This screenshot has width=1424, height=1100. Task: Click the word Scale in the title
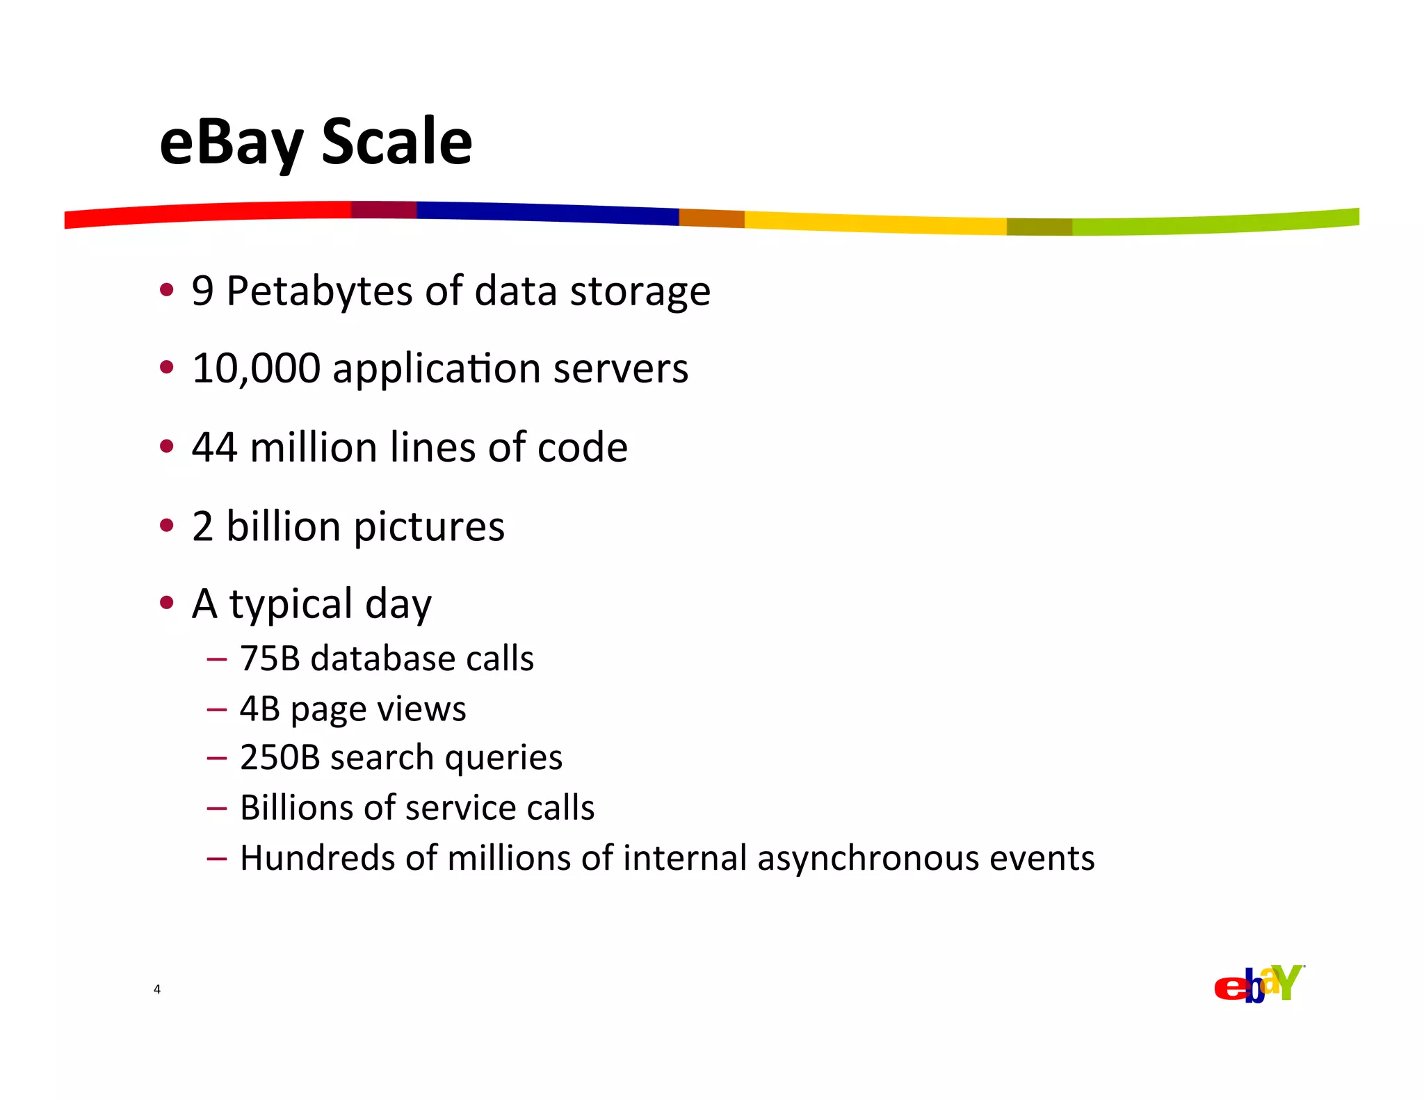[x=396, y=142]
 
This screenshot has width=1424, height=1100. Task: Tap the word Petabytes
[x=320, y=291]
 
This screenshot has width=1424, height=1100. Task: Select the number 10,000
[x=256, y=369]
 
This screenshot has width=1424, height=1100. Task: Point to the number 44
[x=214, y=447]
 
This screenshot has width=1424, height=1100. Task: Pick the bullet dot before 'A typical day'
[x=166, y=602]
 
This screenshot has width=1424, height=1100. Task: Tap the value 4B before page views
[x=259, y=709]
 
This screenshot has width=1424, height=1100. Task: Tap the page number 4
[x=157, y=989]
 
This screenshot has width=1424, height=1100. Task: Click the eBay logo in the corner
[x=1259, y=984]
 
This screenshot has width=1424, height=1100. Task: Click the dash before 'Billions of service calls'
[x=217, y=808]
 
